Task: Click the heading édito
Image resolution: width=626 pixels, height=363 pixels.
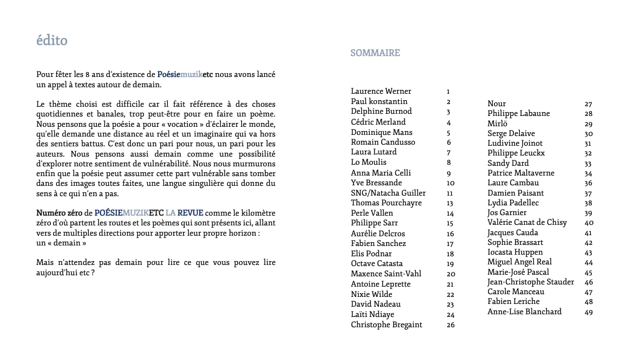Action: coord(52,41)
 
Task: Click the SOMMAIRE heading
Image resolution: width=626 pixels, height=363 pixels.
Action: coord(375,53)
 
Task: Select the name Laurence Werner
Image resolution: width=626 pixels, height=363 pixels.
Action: coord(381,92)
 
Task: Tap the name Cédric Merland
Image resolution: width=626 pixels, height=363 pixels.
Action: coord(378,122)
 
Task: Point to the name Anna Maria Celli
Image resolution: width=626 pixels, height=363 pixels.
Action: coord(381,173)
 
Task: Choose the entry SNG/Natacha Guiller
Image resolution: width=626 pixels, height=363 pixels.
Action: coord(388,193)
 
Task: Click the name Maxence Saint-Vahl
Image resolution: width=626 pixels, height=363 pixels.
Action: coord(386,274)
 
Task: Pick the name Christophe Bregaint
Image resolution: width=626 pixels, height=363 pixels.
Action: coord(386,325)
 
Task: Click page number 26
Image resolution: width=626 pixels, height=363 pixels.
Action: coord(451,326)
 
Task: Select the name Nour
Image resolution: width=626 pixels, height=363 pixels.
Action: coord(497,104)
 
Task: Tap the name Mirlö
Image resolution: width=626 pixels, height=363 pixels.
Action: coord(497,124)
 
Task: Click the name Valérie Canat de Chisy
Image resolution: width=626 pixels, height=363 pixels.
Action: coord(527,223)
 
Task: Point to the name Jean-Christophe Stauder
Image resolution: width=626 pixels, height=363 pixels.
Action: coord(530,282)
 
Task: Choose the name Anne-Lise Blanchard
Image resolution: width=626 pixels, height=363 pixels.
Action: coord(524,312)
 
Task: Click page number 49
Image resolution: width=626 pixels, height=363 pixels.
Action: coord(589,313)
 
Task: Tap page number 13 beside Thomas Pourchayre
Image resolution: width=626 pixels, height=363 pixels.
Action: coord(449,204)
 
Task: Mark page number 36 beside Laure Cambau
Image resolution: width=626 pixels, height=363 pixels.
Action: coord(589,184)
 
